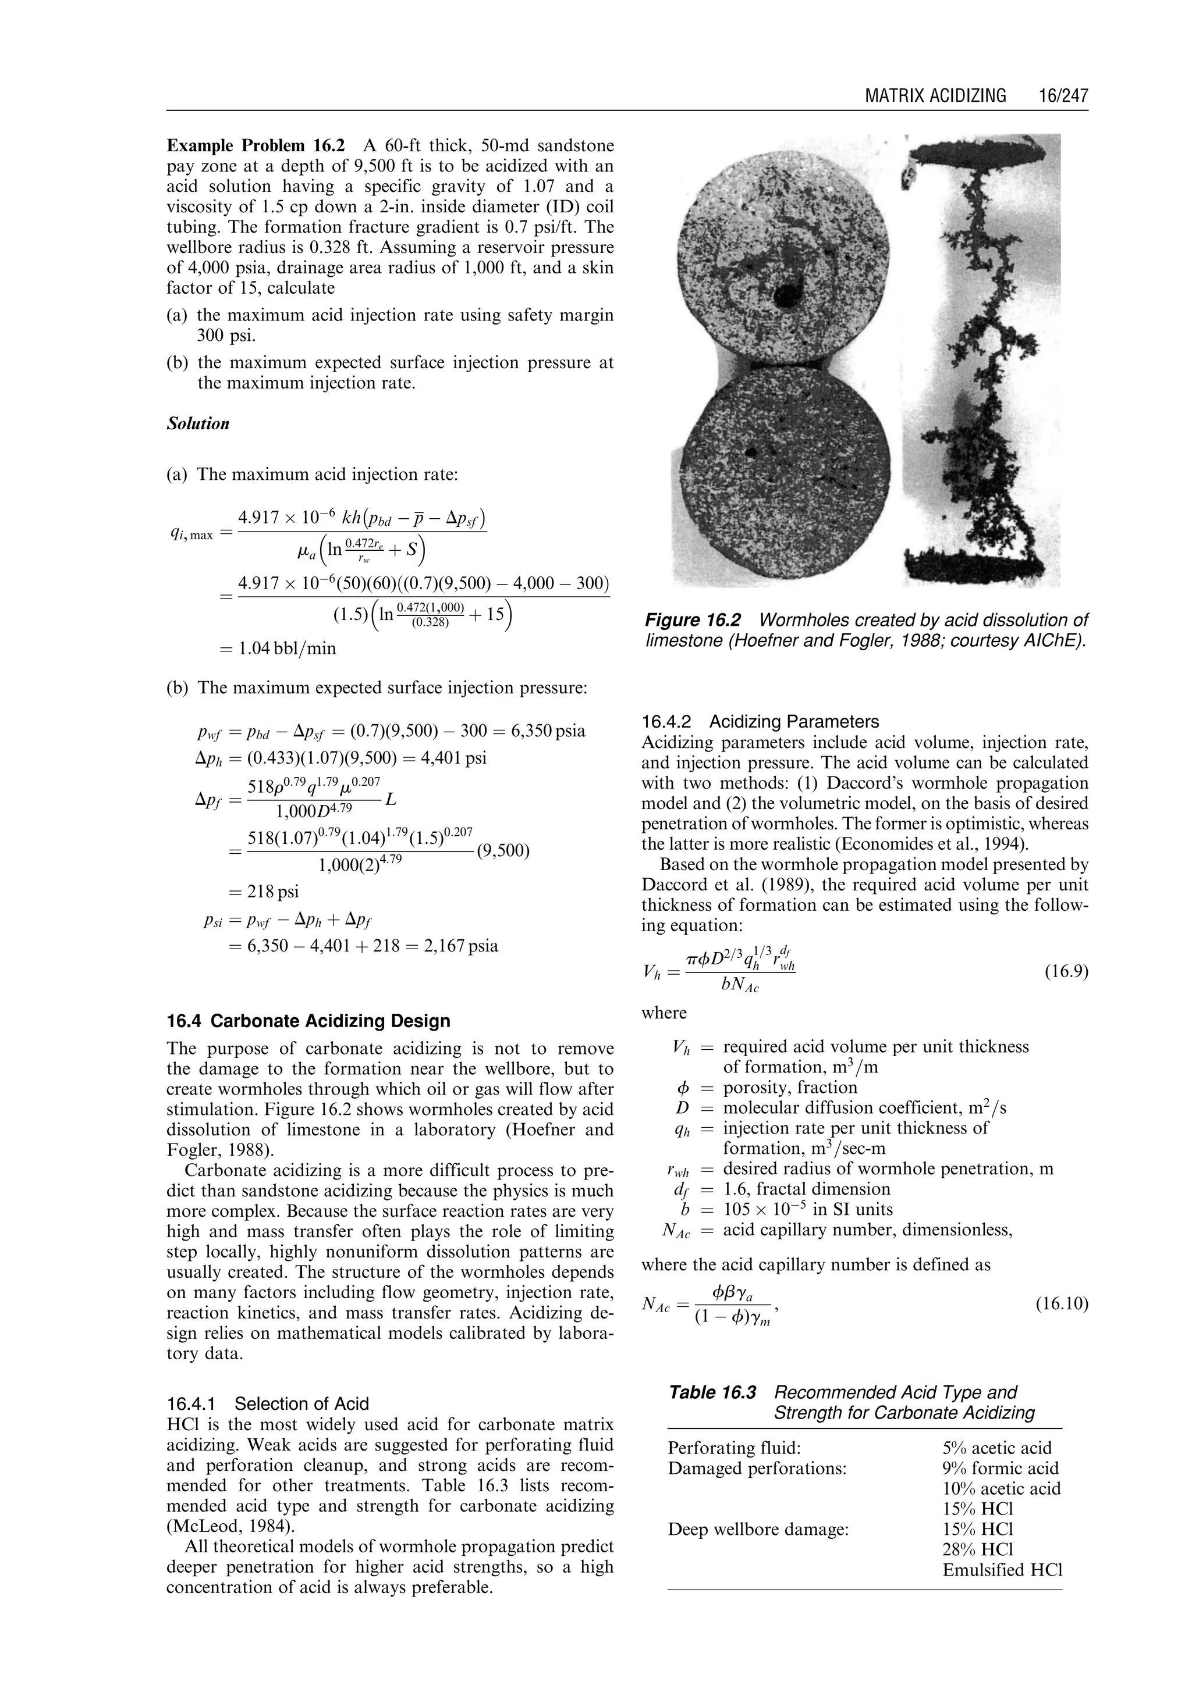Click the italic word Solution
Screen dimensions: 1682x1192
(x=198, y=424)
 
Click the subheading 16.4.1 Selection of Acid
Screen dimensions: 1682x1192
(x=268, y=1404)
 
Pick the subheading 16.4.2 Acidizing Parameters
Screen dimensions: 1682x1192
(x=760, y=721)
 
